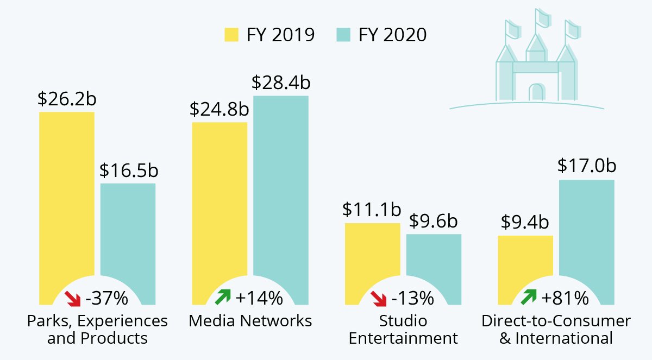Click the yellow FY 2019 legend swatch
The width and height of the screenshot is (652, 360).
pos(231,35)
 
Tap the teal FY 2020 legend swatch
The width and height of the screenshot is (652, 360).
pos(343,35)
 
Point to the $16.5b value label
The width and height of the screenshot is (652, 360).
pos(128,170)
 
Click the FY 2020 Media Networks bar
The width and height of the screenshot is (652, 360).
pos(281,190)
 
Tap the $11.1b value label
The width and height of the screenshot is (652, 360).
pos(372,210)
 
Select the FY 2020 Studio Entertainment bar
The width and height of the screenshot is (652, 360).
pos(434,261)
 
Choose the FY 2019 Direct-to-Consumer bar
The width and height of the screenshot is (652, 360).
pos(525,261)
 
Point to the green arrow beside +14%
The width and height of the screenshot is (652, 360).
pos(223,297)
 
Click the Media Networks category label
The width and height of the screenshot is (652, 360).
pos(250,321)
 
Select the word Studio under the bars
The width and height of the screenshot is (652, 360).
pos(403,321)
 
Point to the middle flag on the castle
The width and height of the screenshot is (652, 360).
pos(542,18)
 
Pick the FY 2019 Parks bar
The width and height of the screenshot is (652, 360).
pos(66,206)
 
